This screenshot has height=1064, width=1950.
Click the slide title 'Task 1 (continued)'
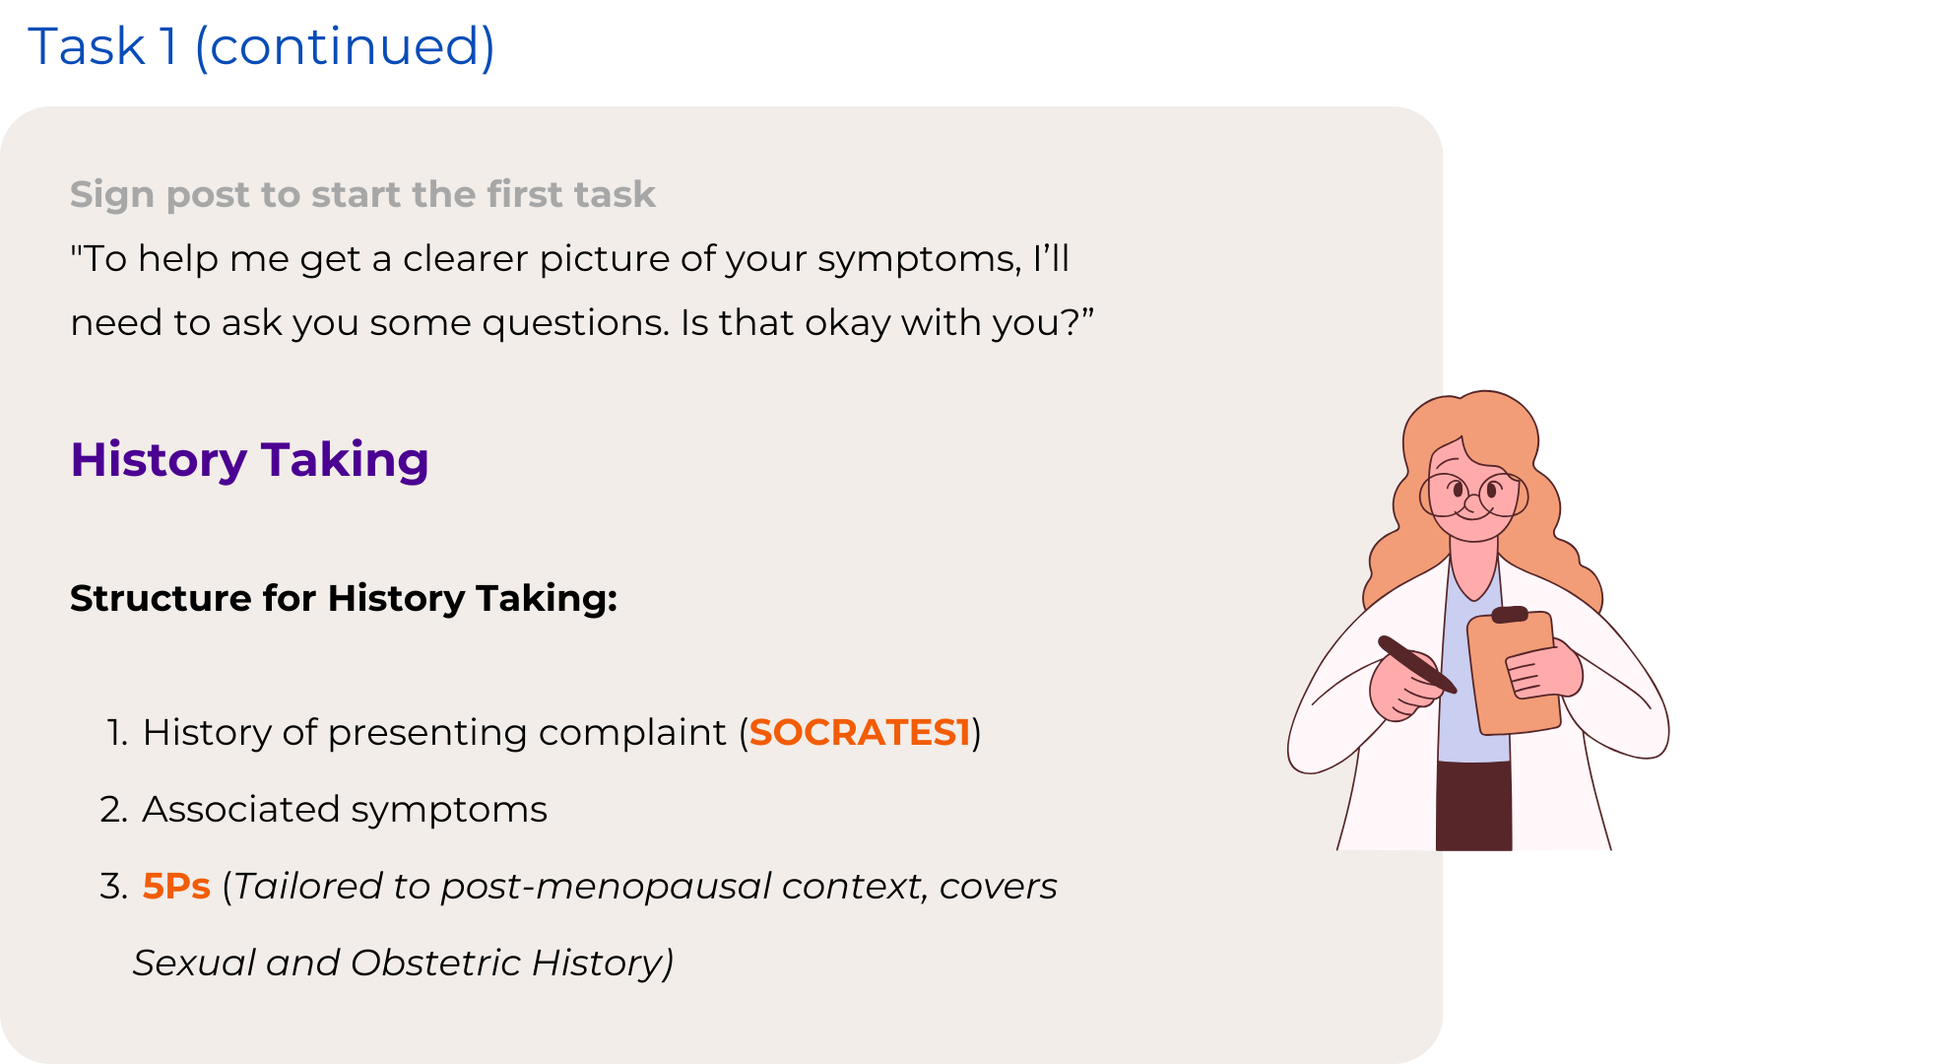(261, 46)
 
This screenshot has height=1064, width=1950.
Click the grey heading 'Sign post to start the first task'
(362, 194)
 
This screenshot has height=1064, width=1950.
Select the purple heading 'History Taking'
(249, 460)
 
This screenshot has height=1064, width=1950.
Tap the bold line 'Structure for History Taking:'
(344, 598)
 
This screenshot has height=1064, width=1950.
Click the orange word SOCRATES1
(860, 732)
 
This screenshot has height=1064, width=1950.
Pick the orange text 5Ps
(176, 886)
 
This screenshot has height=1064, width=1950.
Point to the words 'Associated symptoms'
(345, 810)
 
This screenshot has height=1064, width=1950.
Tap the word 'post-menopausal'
(606, 887)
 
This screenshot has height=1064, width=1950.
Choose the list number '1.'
(117, 732)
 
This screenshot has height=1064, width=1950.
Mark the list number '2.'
(114, 809)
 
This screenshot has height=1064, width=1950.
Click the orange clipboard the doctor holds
(1514, 674)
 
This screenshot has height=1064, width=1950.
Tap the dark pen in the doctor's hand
(1416, 664)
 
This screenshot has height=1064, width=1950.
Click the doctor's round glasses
(1472, 494)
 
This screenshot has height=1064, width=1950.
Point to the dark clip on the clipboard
(1510, 615)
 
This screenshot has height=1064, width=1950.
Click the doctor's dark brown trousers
(1473, 805)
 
